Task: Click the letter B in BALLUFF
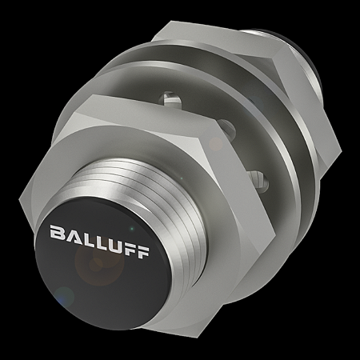(x=58, y=233)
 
